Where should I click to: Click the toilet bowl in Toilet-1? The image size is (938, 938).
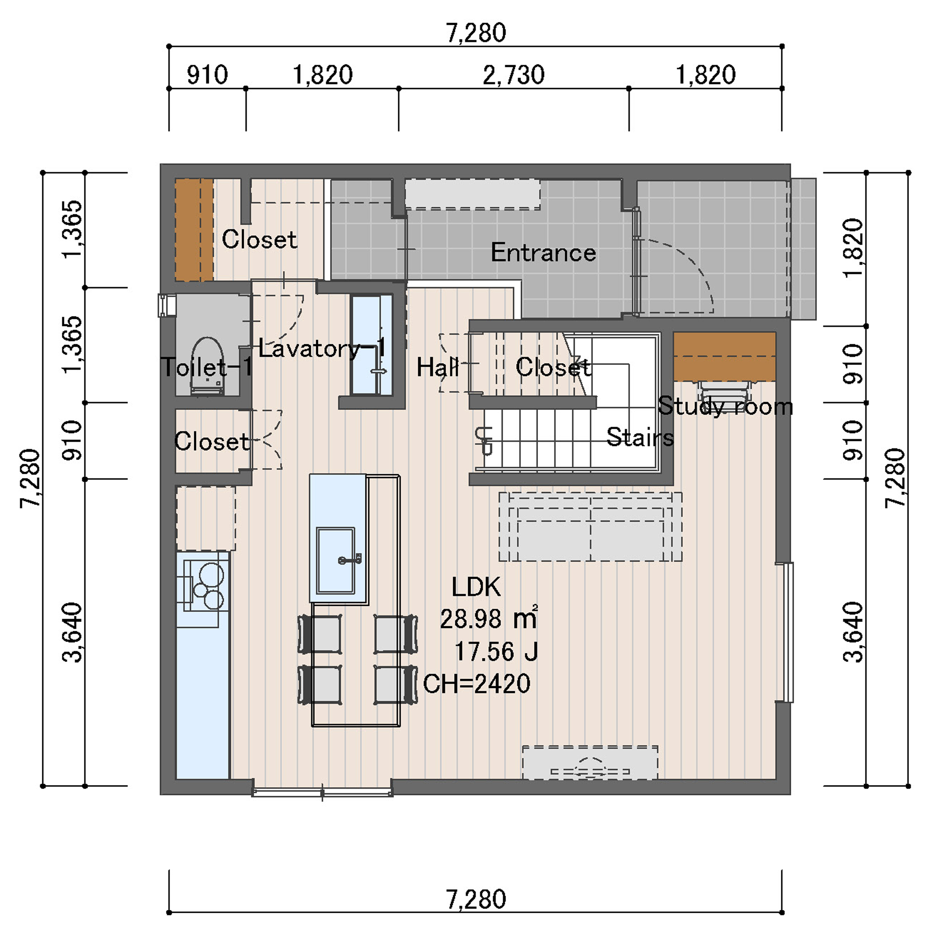click(207, 366)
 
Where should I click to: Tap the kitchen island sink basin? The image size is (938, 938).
click(335, 560)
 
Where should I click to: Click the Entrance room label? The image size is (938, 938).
click(543, 252)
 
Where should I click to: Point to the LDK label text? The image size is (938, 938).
click(476, 587)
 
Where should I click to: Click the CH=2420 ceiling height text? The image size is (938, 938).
click(477, 684)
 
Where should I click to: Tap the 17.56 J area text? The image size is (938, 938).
click(496, 651)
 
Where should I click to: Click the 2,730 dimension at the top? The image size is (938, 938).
click(514, 75)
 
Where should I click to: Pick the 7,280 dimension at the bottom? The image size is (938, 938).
click(476, 899)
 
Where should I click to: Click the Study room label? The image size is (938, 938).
click(726, 406)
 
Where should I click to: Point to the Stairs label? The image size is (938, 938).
click(640, 437)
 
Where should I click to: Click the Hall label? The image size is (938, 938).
click(438, 367)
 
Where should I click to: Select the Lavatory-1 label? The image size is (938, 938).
click(322, 348)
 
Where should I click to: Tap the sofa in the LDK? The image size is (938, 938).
click(590, 527)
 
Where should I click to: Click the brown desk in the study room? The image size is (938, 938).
click(725, 357)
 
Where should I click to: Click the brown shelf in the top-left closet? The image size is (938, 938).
click(194, 230)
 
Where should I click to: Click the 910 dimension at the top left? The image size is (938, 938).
click(207, 75)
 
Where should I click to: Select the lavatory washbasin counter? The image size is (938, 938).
click(372, 345)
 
